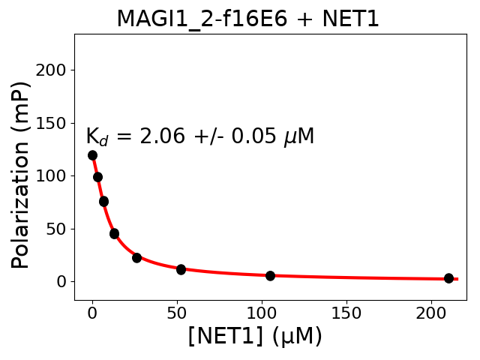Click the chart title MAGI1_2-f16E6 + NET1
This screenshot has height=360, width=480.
click(247, 19)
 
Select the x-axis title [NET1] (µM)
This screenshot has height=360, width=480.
click(255, 336)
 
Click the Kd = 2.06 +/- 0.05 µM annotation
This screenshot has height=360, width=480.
click(199, 136)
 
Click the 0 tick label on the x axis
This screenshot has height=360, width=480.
click(92, 312)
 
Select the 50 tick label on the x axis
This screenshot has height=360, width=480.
click(177, 312)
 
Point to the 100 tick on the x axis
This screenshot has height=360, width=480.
click(262, 312)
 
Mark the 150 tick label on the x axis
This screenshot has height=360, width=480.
click(346, 312)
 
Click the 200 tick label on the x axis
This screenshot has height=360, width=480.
click(431, 312)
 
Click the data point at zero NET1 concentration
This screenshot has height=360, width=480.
click(92, 155)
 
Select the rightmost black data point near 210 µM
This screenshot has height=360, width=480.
click(448, 278)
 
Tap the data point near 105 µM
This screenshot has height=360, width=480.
click(270, 276)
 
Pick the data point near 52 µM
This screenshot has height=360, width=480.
click(181, 269)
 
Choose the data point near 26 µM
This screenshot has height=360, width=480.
click(136, 258)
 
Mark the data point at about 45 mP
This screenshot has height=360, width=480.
click(114, 234)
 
